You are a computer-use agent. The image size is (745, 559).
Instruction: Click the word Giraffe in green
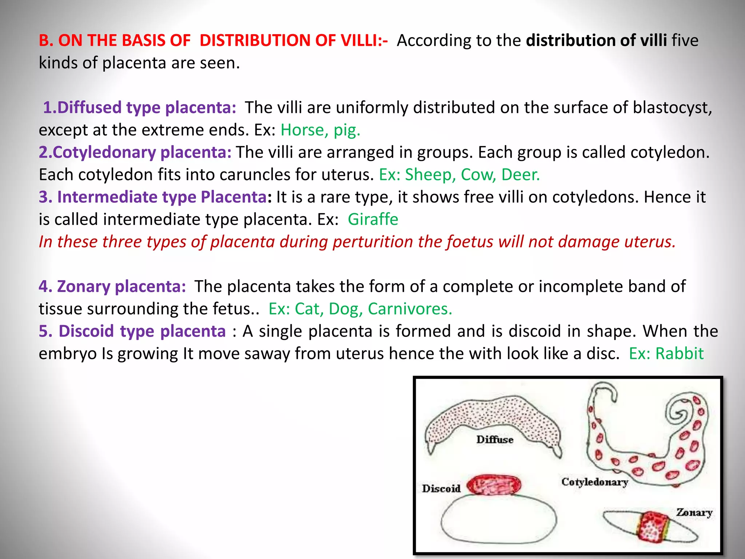tap(373, 219)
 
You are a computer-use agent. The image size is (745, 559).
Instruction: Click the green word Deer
tap(521, 175)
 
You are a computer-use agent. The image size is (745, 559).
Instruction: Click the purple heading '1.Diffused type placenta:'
tap(140, 108)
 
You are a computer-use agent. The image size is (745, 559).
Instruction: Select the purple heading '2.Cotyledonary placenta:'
tap(135, 152)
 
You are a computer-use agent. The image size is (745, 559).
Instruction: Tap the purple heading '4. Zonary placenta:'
tap(112, 286)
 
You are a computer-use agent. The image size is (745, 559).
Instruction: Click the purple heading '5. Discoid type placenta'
tap(132, 331)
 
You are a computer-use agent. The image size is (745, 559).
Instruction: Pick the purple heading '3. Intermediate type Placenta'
tap(153, 197)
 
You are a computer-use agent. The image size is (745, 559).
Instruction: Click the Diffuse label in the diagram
tap(495, 440)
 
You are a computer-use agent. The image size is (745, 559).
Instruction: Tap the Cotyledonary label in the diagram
tap(595, 482)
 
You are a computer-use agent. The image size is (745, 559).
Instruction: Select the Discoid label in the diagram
tap(441, 488)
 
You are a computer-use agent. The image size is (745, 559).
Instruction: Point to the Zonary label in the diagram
tap(694, 512)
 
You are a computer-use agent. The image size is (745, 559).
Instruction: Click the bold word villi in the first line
tap(653, 40)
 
